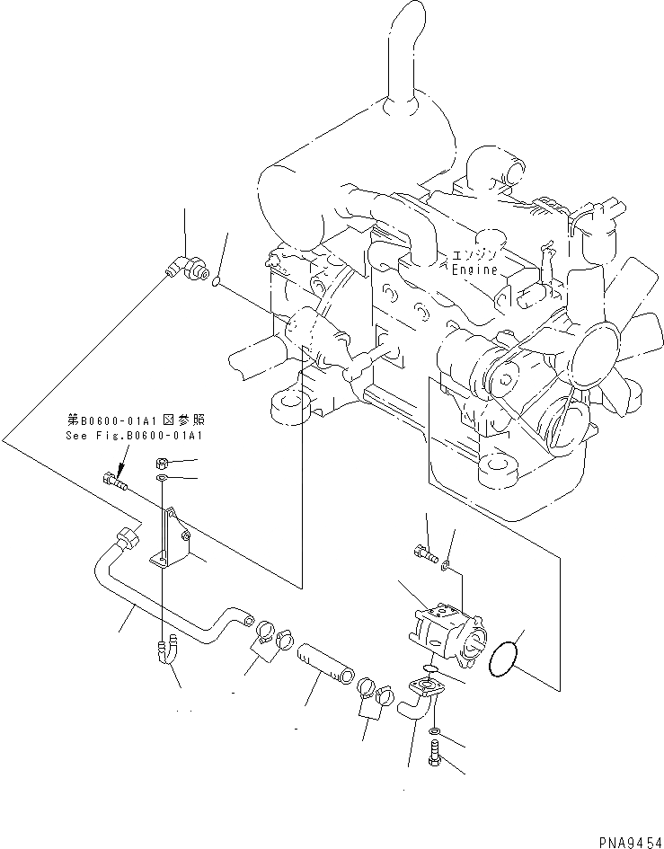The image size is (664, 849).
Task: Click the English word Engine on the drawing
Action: tap(474, 270)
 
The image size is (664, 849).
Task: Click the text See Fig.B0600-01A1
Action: tap(135, 436)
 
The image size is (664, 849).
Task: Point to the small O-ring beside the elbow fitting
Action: tap(217, 285)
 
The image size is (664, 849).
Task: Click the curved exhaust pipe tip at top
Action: tap(399, 27)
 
